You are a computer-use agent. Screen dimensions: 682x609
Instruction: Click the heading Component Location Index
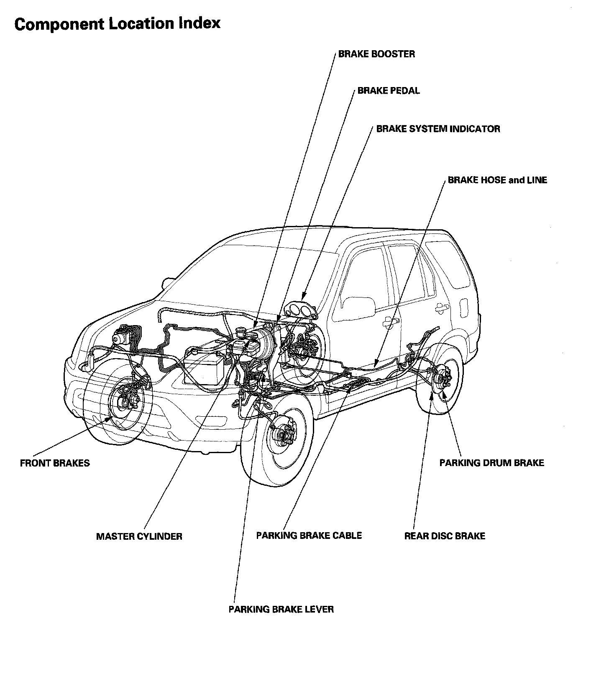pos(117,24)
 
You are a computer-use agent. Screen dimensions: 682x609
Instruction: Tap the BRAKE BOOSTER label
pos(376,54)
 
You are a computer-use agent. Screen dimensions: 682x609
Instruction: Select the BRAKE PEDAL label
pos(388,91)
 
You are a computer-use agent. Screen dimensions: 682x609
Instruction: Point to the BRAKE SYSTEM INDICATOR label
pos(438,129)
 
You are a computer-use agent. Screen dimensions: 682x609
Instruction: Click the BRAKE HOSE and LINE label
pos(497,180)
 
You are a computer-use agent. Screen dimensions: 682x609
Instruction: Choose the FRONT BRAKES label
pos(55,463)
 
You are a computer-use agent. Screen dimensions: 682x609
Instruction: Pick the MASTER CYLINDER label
pos(139,536)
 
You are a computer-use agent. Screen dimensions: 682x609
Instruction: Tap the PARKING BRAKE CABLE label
pos(309,536)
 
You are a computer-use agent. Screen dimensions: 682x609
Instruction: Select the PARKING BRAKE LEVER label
pos(281,609)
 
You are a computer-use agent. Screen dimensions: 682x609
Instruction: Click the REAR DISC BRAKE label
pos(445,536)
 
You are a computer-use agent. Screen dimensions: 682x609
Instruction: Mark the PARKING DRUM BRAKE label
pos(491,463)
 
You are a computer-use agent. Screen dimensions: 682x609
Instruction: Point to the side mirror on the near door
pos(358,307)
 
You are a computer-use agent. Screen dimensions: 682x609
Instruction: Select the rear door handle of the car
pos(441,308)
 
